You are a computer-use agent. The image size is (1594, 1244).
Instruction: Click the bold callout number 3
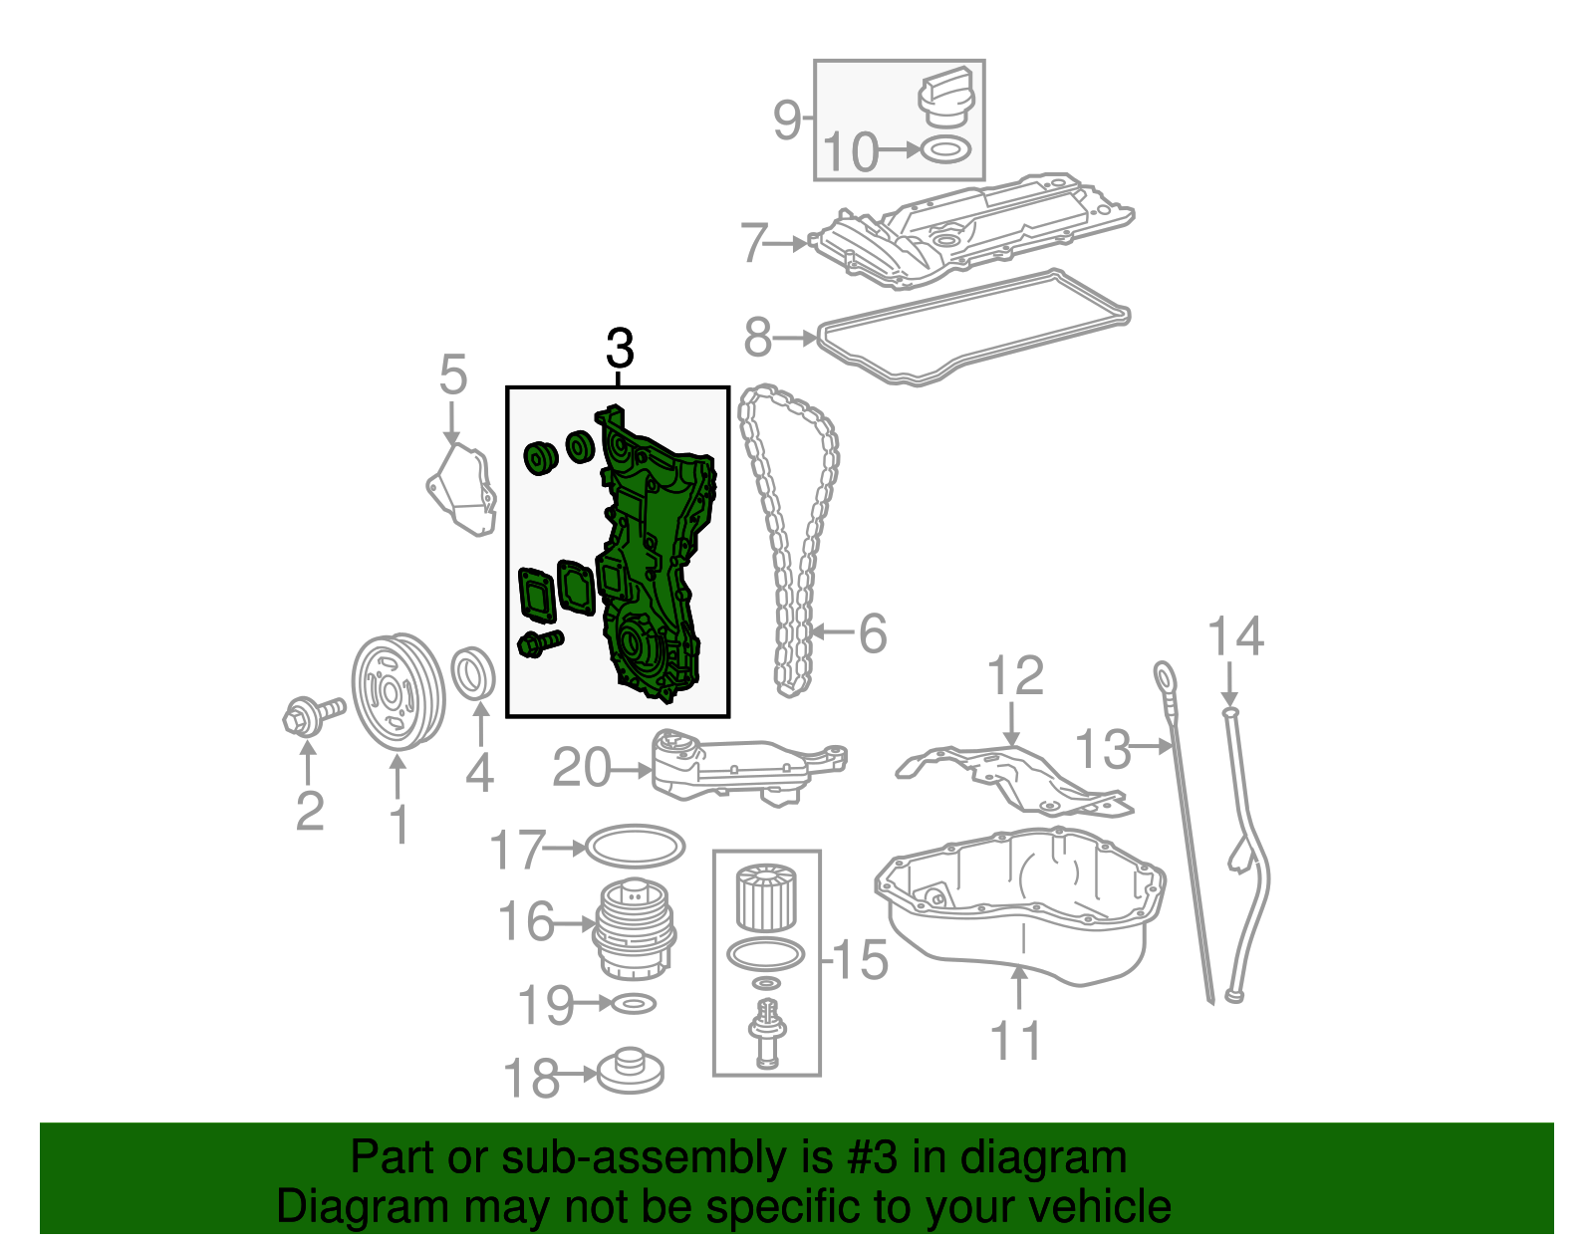coord(619,350)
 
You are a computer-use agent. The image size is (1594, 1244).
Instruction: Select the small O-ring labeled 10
coord(944,150)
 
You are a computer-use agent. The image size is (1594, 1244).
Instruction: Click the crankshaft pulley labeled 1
coord(398,690)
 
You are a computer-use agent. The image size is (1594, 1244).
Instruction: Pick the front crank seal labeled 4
coord(474,674)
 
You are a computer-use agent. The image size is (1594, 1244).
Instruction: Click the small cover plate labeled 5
coord(461,491)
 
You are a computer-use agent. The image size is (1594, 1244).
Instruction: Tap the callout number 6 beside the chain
coord(873,633)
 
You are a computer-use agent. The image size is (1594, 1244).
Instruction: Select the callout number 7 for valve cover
coord(754,242)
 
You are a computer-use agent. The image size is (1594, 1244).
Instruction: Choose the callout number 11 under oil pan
coord(1016,1041)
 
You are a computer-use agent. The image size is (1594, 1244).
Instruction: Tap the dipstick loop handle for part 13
coord(1164,676)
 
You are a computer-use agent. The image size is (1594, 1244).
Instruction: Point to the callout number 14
coord(1235,635)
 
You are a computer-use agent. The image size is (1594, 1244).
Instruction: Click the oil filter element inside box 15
coord(765,897)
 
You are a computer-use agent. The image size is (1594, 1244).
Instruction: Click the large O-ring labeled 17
coord(634,847)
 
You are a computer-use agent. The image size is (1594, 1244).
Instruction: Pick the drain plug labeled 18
coord(630,1073)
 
